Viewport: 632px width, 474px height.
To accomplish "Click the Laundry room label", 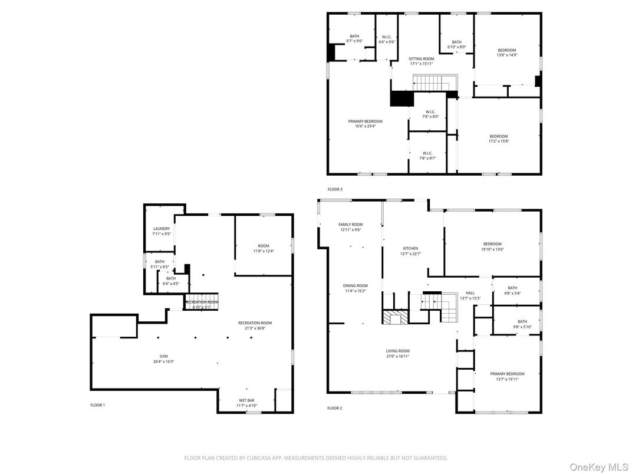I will [162, 229].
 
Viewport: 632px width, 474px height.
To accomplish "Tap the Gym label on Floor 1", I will [163, 357].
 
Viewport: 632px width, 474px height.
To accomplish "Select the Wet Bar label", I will [246, 401].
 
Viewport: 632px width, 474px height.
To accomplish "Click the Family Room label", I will [350, 225].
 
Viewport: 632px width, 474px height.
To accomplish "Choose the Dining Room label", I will [355, 286].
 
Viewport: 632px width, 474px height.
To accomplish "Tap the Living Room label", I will [397, 351].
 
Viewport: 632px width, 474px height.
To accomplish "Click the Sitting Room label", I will [422, 59].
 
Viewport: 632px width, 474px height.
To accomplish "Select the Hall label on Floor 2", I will [470, 293].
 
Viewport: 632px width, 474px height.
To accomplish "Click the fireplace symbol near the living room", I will [394, 317].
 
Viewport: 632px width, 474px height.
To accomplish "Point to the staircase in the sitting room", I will [435, 82].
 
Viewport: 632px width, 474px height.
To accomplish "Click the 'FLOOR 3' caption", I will [334, 189].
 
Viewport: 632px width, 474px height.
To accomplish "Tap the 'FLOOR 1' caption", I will [97, 405].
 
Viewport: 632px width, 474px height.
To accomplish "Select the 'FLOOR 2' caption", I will [334, 408].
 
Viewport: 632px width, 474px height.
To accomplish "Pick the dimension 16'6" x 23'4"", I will [365, 126].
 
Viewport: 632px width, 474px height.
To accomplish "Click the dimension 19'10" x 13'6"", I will [493, 249].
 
